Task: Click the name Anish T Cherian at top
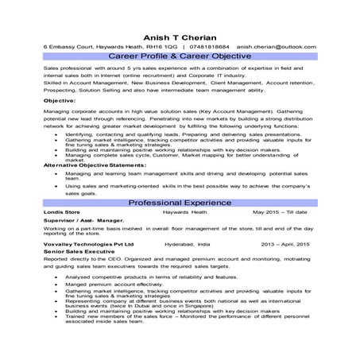pyautogui.click(x=179, y=36)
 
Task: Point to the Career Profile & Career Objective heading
pyautogui.click(x=179, y=58)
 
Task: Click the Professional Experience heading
pyautogui.click(x=179, y=203)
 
